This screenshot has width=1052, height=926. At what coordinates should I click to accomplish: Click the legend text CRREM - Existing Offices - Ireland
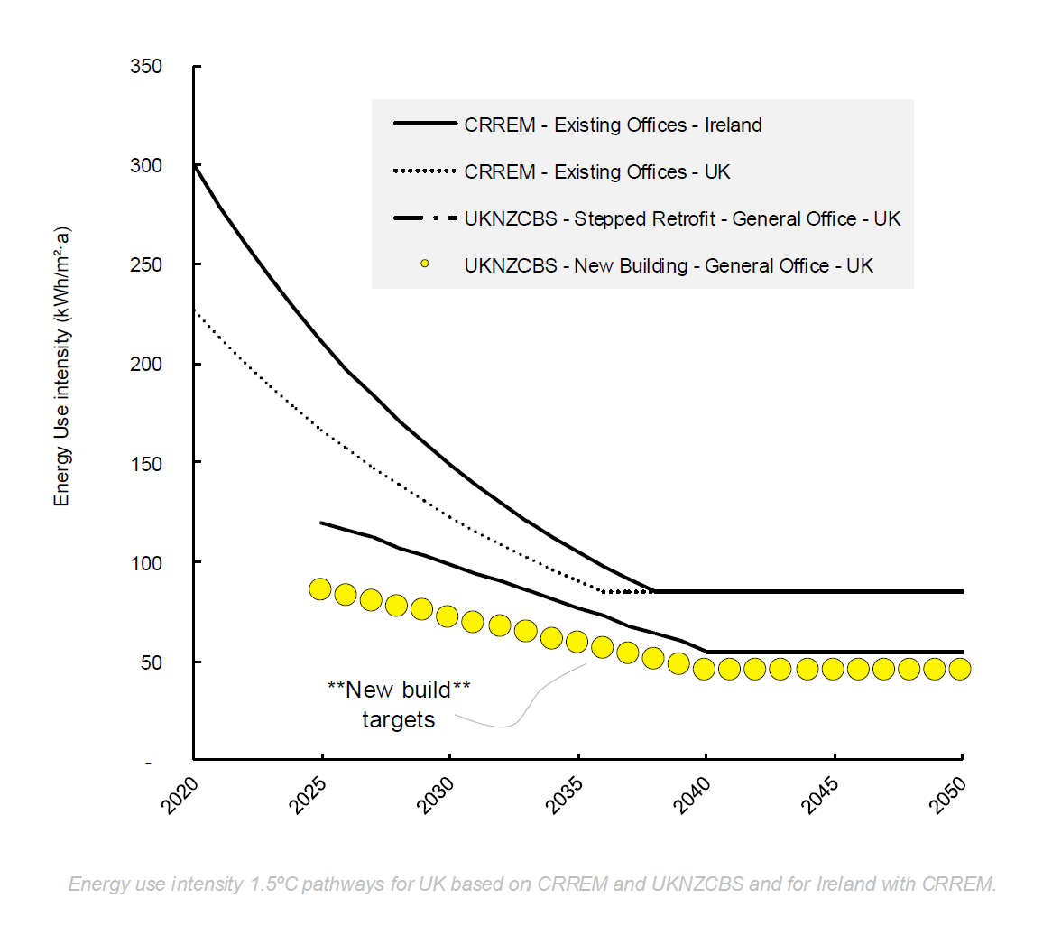[x=613, y=125]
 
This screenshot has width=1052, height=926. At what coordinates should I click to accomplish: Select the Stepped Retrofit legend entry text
[x=682, y=218]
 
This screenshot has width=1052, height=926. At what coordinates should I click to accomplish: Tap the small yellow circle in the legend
[x=425, y=265]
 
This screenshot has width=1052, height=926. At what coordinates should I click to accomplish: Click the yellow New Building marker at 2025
[x=320, y=589]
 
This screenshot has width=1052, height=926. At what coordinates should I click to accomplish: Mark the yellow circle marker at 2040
[x=705, y=669]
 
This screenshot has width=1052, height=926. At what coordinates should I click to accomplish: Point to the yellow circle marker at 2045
[x=833, y=669]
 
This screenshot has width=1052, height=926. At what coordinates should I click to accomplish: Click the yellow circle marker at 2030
[x=448, y=617]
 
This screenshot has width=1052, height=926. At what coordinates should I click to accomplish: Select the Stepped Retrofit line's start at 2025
[x=322, y=523]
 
